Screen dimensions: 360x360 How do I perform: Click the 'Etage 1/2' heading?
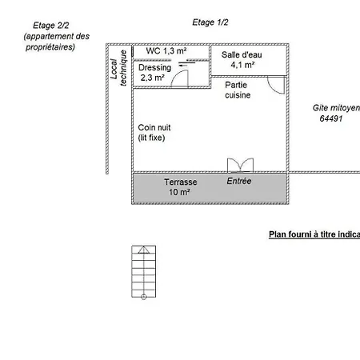pos(210,22)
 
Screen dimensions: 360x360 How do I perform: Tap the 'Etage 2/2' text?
pos(51,26)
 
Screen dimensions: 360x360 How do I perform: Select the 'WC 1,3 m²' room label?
pos(166,50)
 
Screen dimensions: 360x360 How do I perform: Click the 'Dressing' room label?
pos(154,68)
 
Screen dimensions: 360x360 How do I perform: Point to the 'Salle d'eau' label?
pos(242,54)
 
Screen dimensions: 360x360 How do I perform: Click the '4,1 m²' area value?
pos(242,65)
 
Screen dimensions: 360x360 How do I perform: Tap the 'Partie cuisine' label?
pos(238,90)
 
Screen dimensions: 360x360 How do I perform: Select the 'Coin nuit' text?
pos(154,127)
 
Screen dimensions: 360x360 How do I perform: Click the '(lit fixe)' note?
pos(151,138)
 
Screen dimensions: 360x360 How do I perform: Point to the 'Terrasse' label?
pos(181,182)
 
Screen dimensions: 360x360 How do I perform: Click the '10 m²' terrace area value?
pos(179,192)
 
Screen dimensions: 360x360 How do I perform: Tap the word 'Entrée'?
pos(239,181)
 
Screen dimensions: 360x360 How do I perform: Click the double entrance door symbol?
pos(240,165)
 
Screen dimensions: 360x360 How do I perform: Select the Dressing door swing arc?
pos(175,75)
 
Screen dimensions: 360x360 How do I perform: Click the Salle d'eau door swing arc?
pos(272,89)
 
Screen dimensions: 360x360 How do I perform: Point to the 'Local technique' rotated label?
pos(118,68)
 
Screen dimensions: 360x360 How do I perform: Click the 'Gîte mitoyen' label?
pos(336,108)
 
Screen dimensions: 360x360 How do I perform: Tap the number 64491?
pos(331,118)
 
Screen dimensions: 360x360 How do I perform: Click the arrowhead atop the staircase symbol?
pos(144,250)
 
